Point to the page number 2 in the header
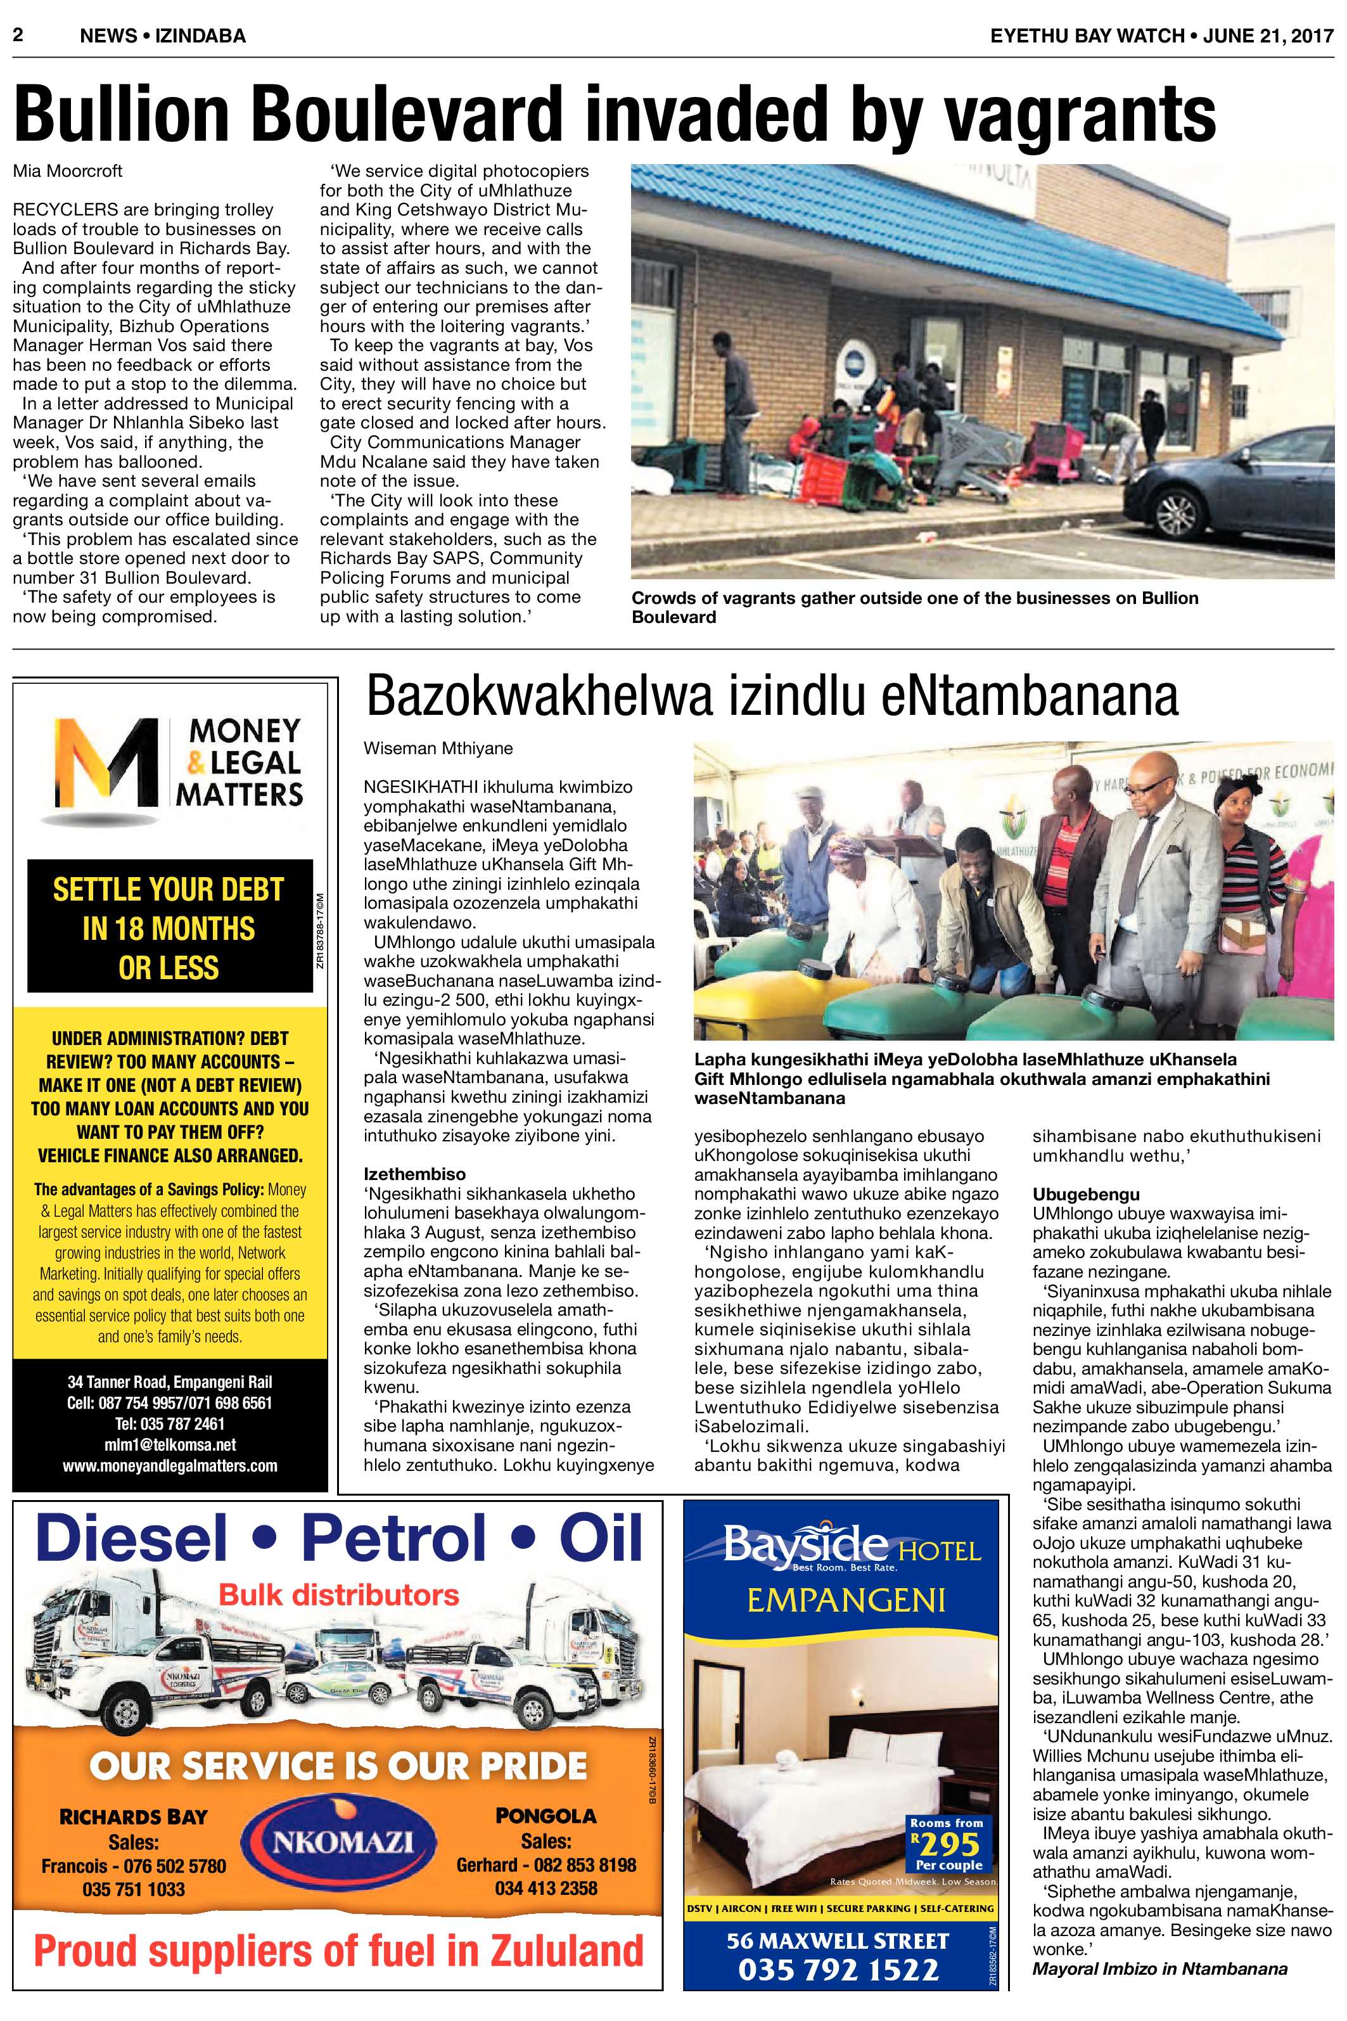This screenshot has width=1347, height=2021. coord(16,35)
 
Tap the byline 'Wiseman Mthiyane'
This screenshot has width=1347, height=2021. coord(437,748)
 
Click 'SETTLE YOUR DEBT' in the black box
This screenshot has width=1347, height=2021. coord(169,889)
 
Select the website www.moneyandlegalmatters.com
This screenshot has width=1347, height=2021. coord(169,1465)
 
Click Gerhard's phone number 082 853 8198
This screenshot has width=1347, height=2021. coord(546,1864)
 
